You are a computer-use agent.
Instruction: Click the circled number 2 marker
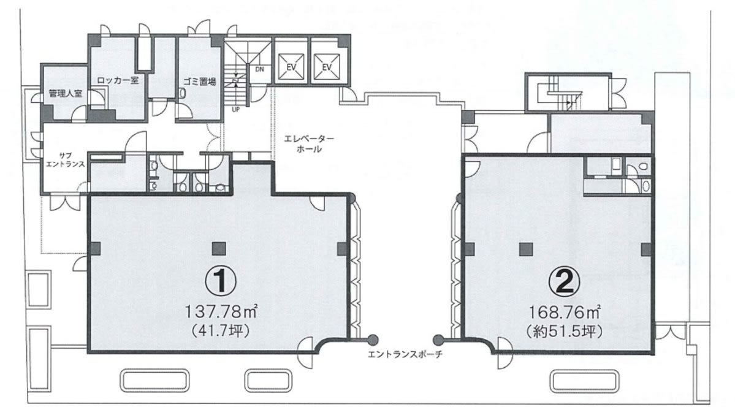(565, 281)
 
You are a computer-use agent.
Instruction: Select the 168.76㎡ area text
(565, 311)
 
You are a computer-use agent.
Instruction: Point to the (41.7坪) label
(220, 331)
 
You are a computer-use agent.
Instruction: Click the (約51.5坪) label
(565, 332)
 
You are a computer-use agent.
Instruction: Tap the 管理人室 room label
(65, 93)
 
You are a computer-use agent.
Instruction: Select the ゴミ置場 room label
(200, 81)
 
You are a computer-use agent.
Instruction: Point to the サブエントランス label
(65, 159)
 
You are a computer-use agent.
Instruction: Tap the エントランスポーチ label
(405, 354)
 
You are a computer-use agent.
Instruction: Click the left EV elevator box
(291, 67)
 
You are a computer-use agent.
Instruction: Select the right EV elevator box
(327, 67)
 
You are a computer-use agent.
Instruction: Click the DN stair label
(260, 69)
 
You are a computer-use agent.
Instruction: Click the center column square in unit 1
(218, 248)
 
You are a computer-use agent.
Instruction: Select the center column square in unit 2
(526, 248)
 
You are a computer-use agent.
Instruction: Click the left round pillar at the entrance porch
(373, 339)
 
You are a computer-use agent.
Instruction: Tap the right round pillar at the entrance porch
(438, 339)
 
